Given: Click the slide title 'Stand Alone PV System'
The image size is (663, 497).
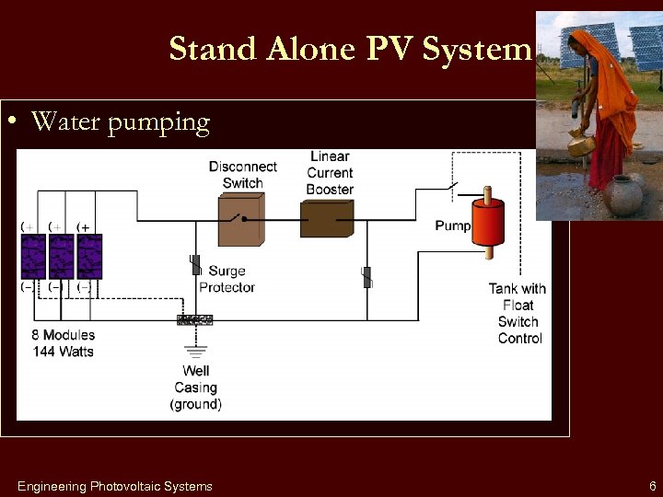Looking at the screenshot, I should tap(350, 49).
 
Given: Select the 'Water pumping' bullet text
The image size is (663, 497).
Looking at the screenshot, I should tap(120, 121).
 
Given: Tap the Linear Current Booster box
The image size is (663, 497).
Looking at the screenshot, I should tap(327, 220).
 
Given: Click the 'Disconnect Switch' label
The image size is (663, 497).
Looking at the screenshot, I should tap(242, 174).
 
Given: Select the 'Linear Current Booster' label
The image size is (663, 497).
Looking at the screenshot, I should tap(330, 173).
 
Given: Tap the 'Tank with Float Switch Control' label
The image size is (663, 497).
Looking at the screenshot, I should tap(518, 313).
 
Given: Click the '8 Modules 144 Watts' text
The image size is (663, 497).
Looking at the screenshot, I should tap(63, 343).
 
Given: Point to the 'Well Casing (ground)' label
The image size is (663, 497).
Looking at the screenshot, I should tap(195, 387).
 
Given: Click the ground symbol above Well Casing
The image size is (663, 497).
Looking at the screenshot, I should tap(195, 350).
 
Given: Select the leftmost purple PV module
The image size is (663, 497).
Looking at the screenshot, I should tap(33, 257).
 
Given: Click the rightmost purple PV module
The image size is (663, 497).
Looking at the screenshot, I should tap(89, 257).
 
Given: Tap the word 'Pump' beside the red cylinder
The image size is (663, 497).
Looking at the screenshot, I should tap(452, 225).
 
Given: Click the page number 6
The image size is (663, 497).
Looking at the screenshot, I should tap(652, 486).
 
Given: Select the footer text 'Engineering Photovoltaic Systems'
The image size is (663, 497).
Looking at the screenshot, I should tap(114, 486).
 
